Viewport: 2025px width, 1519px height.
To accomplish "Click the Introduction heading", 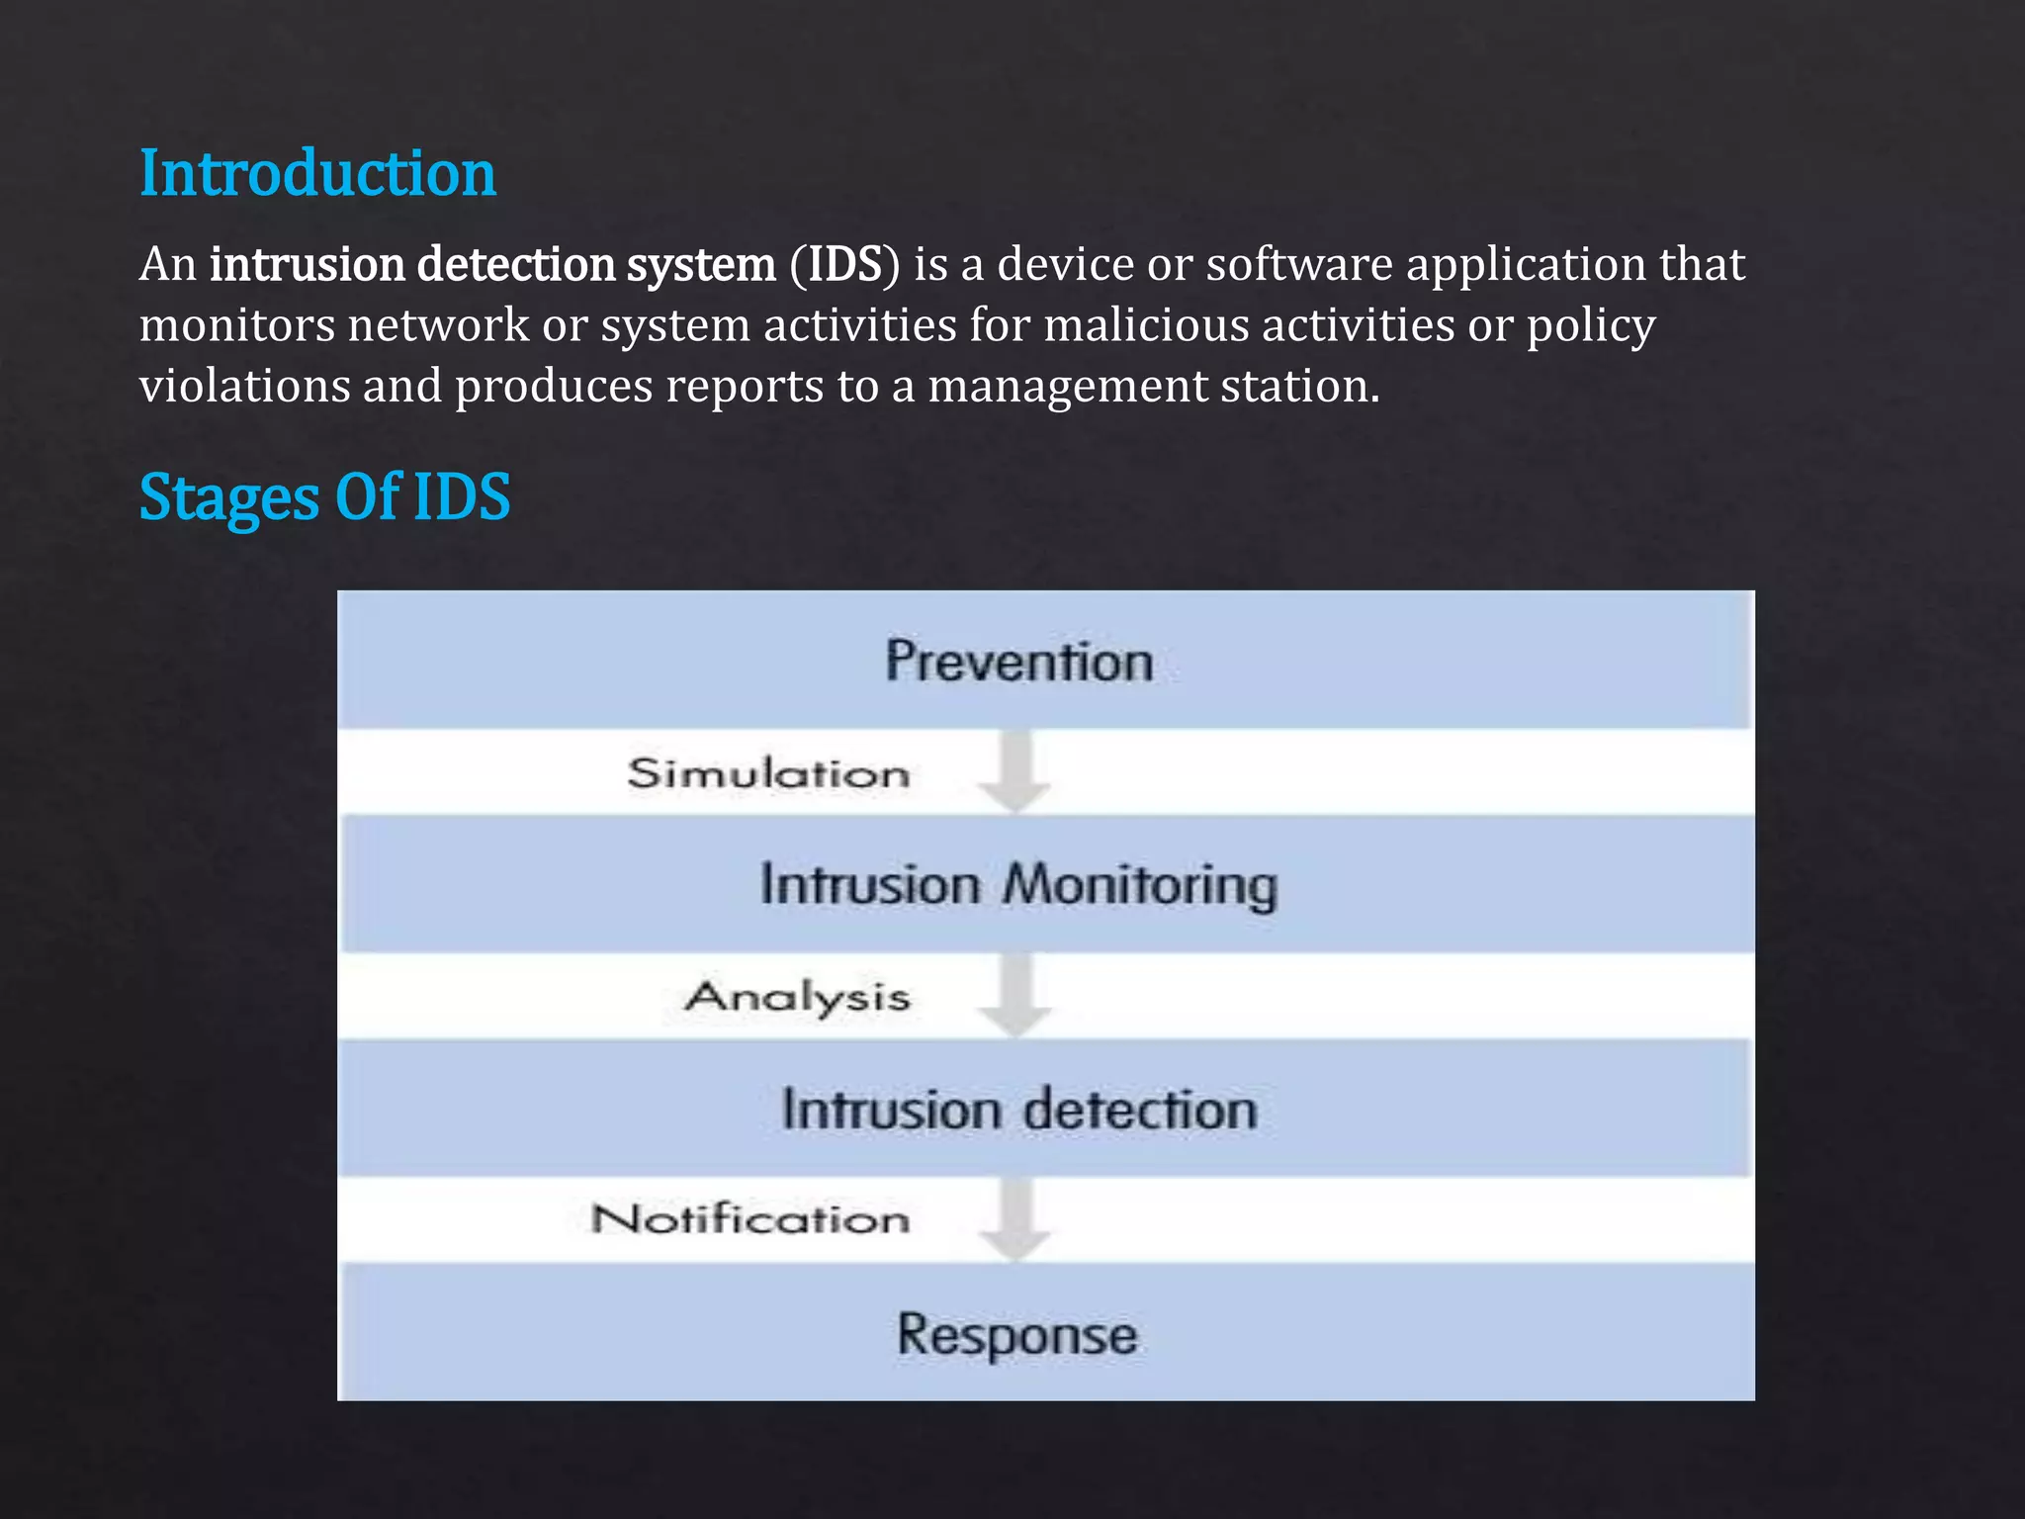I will [317, 173].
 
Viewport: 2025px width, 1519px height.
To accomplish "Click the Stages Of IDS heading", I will [324, 496].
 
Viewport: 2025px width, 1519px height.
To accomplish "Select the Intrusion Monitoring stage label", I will [1018, 884].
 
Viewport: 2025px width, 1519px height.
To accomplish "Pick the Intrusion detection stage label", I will [1018, 1109].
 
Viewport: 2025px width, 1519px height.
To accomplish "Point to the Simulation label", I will [768, 773].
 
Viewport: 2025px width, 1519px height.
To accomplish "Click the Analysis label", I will [797, 997].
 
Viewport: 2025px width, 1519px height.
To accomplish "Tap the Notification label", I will [750, 1219].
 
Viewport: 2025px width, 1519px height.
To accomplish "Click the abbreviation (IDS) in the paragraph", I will [844, 265].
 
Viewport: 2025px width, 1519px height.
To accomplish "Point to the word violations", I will [244, 386].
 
